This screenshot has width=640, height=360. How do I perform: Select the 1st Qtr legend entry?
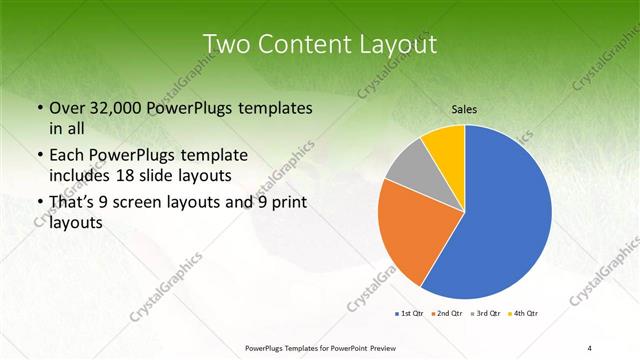[410, 314]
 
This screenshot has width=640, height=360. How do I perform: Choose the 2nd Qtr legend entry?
[447, 314]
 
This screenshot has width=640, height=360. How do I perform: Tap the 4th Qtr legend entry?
[524, 314]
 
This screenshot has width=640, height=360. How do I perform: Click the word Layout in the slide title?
[391, 44]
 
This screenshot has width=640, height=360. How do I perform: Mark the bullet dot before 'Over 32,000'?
[38, 108]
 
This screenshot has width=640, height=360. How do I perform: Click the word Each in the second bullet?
[67, 156]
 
